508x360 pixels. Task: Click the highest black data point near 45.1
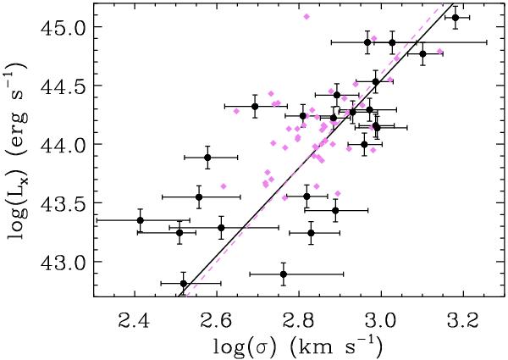[x=456, y=18]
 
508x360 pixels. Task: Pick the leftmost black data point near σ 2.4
[x=141, y=220]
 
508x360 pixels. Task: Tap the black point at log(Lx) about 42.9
[x=284, y=274]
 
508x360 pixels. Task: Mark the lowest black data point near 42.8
[x=184, y=284]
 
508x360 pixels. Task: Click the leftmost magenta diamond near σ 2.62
[x=224, y=186]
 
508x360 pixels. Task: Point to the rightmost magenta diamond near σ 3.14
[x=439, y=52]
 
